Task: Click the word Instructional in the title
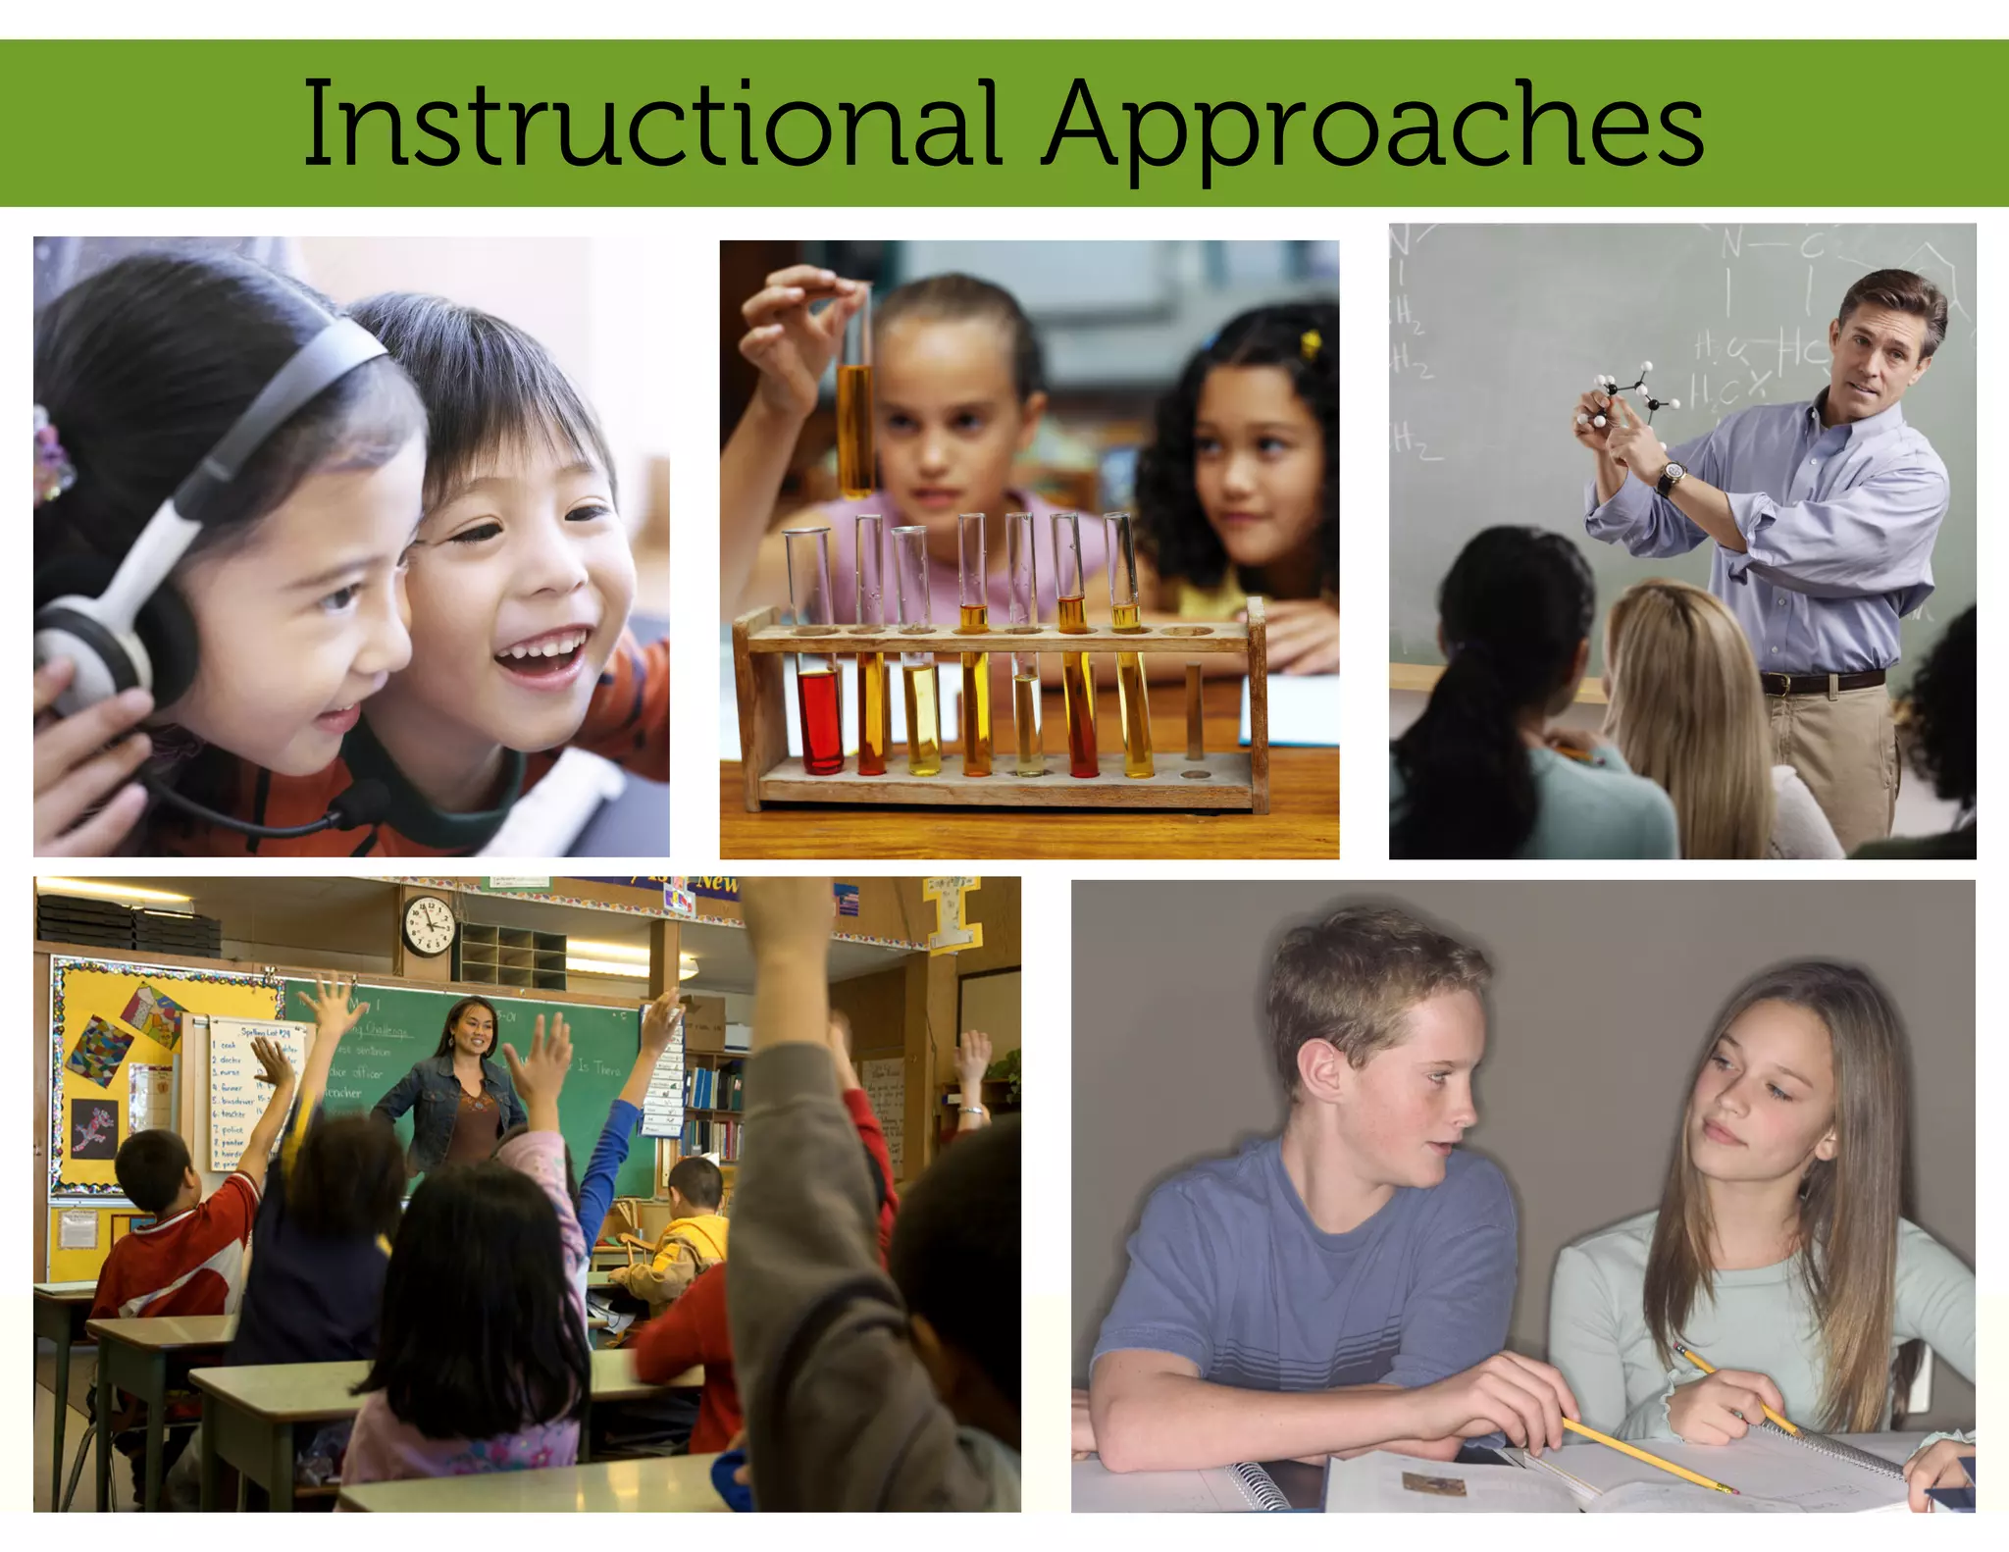(x=649, y=125)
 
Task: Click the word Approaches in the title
(x=1372, y=128)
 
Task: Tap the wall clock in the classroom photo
(x=430, y=925)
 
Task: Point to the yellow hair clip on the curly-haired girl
(x=1308, y=342)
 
